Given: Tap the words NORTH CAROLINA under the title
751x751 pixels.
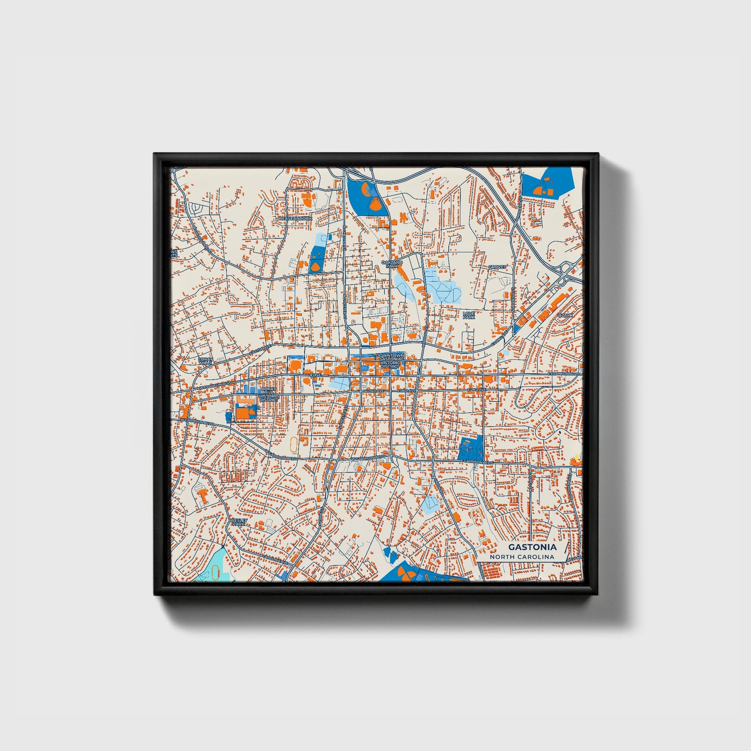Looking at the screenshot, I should coord(522,557).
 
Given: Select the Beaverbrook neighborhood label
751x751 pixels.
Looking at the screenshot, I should coord(296,219).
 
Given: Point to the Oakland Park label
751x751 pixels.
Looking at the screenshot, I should coord(392,265).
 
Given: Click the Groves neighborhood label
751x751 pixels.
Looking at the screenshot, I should coord(497,267).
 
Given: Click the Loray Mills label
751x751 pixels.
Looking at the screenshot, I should coord(206,360).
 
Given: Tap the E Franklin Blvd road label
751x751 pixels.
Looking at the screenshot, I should coord(564,374).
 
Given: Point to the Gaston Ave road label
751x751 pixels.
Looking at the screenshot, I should coord(260,349).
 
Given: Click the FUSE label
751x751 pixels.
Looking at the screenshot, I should coord(315,375).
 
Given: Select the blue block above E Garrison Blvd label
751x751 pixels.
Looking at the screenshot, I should coord(471,447).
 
